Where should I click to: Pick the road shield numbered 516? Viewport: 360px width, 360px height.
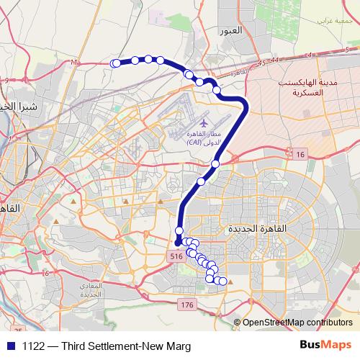[x=176, y=256]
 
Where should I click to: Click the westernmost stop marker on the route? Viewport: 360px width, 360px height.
[x=115, y=64]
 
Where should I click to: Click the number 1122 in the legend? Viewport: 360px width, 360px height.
[x=34, y=346]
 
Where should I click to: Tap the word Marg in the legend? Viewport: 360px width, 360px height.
[x=177, y=346]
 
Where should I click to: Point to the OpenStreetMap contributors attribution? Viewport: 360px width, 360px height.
[x=297, y=322]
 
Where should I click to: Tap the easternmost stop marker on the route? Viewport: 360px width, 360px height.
[x=222, y=281]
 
